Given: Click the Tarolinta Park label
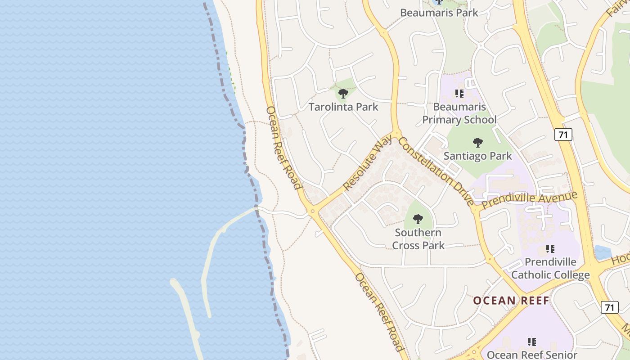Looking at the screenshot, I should coord(343,107).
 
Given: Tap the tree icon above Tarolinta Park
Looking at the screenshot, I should coord(343,94).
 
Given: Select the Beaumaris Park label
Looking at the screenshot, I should coord(439,13).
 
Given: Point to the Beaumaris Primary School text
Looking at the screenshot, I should coord(459,113).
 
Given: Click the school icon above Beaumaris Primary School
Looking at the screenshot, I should coord(459,94).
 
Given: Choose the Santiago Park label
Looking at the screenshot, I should coord(478,156).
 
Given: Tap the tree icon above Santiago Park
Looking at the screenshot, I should coord(478,143).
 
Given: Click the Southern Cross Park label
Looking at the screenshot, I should coord(418,239).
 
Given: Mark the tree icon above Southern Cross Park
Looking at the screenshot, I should coord(418,220).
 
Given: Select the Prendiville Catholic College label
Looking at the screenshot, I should coord(550,268).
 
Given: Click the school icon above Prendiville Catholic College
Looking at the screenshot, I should coord(550,249).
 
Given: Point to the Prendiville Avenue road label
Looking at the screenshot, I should coord(529,200).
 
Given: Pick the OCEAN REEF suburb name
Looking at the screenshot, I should coord(511,301).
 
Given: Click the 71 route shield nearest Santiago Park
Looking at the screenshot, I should coord(563,134).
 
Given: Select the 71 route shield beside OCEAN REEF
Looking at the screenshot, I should coord(609,307).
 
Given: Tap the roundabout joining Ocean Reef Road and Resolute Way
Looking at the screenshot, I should coord(313,211).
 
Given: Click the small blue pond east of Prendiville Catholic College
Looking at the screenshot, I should coord(603,252).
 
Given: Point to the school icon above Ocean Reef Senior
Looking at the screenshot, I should coord(532,342).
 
